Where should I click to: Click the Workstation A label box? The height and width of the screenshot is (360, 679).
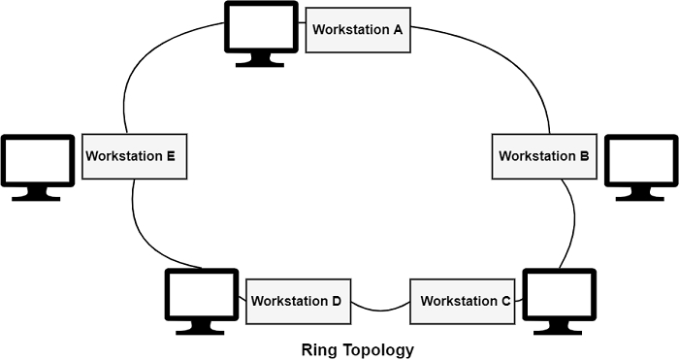pyautogui.click(x=357, y=29)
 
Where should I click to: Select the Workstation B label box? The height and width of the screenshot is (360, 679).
pyautogui.click(x=543, y=155)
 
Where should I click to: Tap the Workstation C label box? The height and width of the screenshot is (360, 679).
pyautogui.click(x=466, y=301)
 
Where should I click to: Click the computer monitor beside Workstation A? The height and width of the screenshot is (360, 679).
pyautogui.click(x=261, y=29)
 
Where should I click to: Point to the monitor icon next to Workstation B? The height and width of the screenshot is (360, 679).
pyautogui.click(x=641, y=161)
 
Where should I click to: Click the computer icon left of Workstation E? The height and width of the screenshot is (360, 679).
pyautogui.click(x=37, y=161)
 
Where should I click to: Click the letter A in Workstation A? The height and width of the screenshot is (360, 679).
pyautogui.click(x=397, y=29)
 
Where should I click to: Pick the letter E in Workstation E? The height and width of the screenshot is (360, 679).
pyautogui.click(x=170, y=155)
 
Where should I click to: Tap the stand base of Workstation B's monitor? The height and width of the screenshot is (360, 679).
pyautogui.click(x=641, y=197)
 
